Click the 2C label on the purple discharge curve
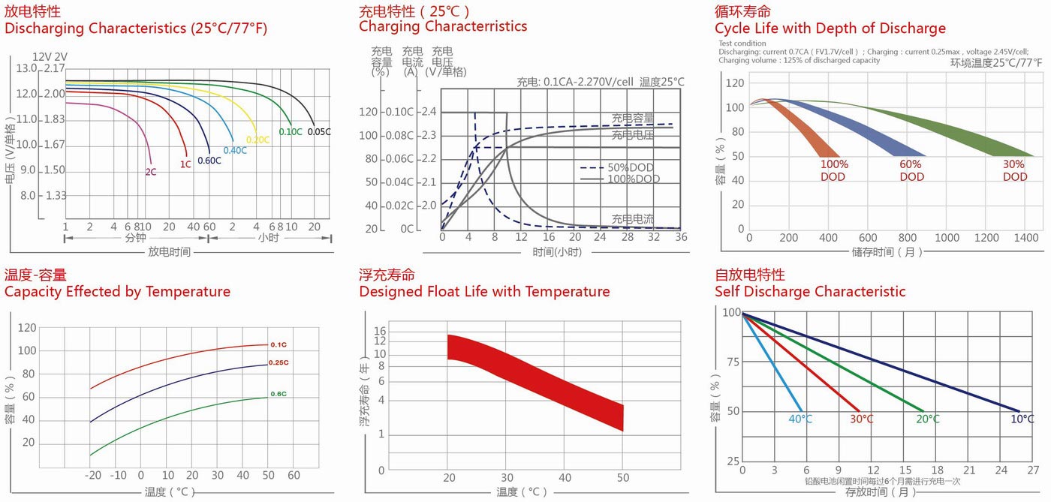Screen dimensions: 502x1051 tap(151, 172)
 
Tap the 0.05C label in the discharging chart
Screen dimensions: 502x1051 tap(319, 132)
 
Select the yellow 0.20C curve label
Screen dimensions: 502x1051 tap(257, 140)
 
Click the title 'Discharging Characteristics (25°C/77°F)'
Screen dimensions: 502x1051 tap(136, 29)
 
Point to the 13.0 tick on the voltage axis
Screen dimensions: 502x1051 tap(26, 69)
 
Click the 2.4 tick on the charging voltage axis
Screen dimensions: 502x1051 tap(428, 112)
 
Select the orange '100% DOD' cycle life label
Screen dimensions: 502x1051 tap(834, 170)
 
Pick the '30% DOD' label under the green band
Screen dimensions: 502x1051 tap(1014, 170)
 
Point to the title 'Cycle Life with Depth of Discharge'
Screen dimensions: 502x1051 tap(830, 29)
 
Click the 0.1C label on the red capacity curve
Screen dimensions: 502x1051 tap(278, 344)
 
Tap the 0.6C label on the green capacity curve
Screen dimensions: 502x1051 tap(278, 394)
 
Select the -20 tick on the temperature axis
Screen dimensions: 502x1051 tap(92, 476)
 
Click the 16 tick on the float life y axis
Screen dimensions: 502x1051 tap(380, 331)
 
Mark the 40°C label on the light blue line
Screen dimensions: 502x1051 tap(800, 419)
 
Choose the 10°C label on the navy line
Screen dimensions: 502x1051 tap(1022, 419)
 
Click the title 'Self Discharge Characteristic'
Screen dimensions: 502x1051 tap(810, 291)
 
